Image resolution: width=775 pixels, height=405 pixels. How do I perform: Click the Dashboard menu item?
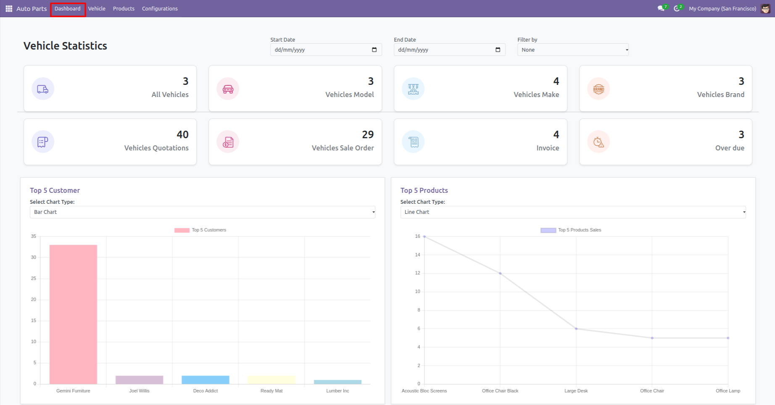[x=68, y=9]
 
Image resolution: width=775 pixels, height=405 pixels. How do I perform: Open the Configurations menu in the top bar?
[x=160, y=9]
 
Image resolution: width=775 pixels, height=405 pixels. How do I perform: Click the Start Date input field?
[x=319, y=50]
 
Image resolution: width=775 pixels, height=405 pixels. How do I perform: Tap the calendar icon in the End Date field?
[x=498, y=50]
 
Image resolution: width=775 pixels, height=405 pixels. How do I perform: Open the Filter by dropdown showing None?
[x=573, y=50]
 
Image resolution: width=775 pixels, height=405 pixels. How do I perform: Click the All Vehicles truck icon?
[x=43, y=89]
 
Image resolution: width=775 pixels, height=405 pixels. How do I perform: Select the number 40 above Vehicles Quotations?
[x=182, y=134]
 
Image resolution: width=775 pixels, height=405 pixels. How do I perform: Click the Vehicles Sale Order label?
[x=343, y=148]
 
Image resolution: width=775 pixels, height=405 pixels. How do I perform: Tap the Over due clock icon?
[x=598, y=142]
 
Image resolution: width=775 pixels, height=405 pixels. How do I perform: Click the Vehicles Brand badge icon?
[x=598, y=89]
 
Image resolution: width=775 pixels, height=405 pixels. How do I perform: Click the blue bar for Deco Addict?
[x=206, y=380]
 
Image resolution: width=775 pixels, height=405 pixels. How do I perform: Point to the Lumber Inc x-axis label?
[x=337, y=391]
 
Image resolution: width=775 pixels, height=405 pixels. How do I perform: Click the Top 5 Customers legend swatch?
[x=182, y=230]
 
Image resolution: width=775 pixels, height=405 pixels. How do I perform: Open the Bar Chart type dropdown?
[x=202, y=212]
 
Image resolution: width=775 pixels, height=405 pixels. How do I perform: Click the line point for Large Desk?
[x=576, y=329]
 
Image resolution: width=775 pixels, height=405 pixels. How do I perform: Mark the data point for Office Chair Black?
[x=500, y=274]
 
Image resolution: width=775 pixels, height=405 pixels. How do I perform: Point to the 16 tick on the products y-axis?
[x=417, y=237]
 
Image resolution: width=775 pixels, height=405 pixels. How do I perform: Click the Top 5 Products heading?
[x=424, y=190]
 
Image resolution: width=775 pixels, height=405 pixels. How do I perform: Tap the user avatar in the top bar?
[x=765, y=9]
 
